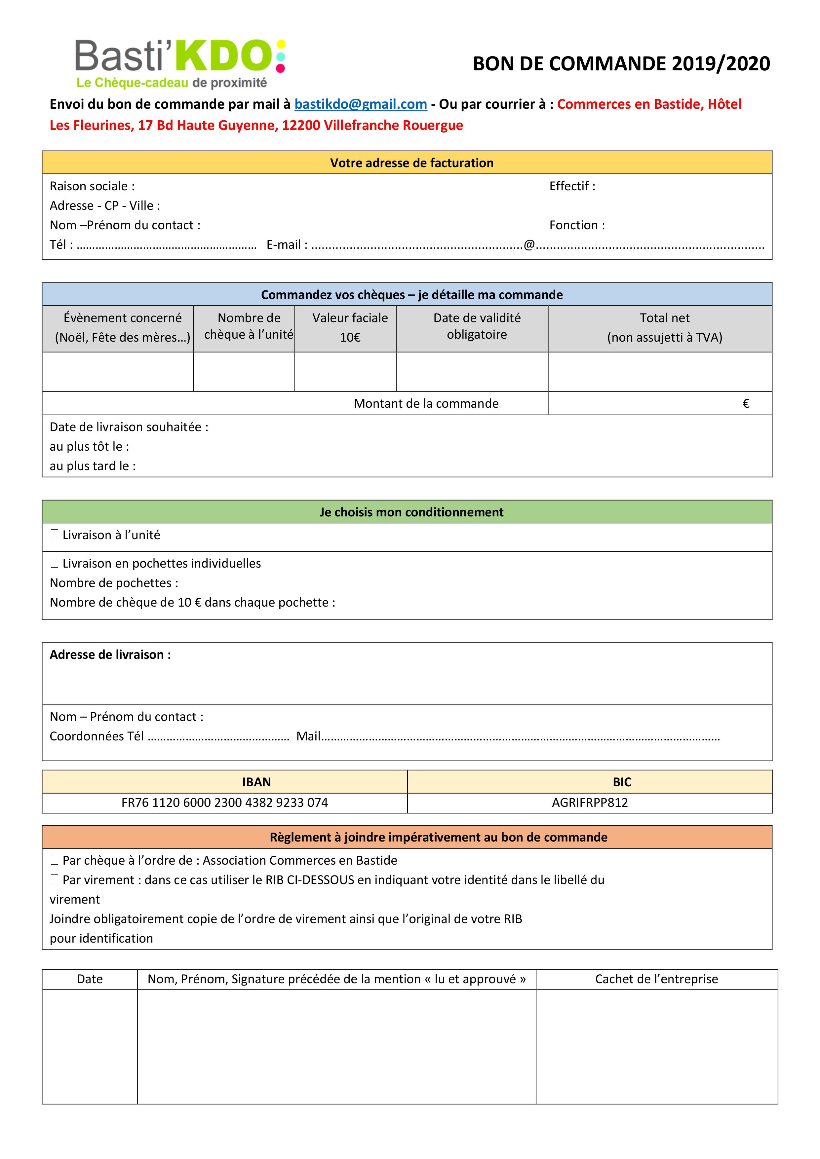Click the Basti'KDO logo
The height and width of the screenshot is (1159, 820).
click(180, 63)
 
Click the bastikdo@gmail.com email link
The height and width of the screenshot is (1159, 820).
click(361, 104)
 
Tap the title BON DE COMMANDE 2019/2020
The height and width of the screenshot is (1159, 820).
click(621, 64)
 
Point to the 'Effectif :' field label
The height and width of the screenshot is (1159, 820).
click(572, 186)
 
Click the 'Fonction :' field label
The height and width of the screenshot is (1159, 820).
click(577, 225)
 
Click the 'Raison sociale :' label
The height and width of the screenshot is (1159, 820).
click(92, 186)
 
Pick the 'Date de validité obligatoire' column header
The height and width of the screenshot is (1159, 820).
click(477, 326)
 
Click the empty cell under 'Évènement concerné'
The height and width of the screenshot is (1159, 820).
click(118, 372)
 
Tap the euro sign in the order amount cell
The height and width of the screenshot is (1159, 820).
click(746, 403)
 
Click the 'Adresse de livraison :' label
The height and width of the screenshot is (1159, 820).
click(110, 655)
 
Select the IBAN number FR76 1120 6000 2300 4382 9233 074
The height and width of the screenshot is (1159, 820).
click(225, 803)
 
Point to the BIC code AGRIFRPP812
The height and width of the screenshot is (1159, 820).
click(590, 803)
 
